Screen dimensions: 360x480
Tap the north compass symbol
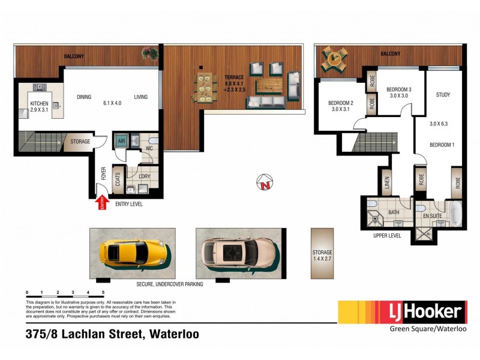pos(264,182)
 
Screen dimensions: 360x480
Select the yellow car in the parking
pos(133,252)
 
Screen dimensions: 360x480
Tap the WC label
pos(147,148)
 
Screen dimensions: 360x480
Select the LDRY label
pos(144,176)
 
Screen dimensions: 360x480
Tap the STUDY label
pos(443,95)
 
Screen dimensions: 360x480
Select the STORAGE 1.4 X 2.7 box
pos(322,253)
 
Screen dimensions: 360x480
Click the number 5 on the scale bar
pos(104,292)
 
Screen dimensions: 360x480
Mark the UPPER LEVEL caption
pos(387,236)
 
